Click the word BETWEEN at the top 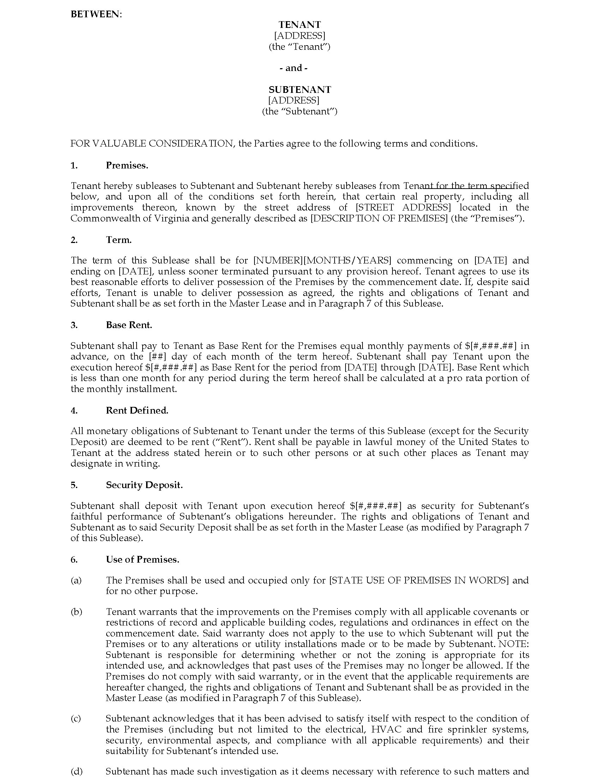95,14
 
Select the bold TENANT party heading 300,25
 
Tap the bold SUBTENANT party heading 300,89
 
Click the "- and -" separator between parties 293,68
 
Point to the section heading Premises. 127,165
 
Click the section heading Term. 119,240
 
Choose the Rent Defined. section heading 137,410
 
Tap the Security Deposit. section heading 144,485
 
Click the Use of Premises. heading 143,560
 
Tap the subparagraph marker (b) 77,612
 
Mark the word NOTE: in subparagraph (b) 514,644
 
